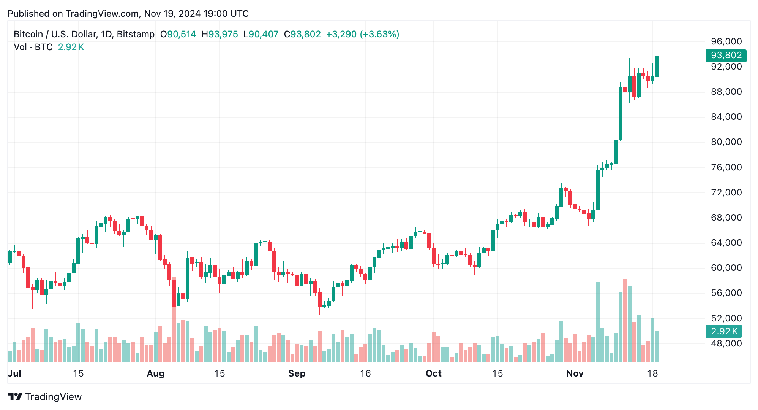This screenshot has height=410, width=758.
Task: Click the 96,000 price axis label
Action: click(726, 41)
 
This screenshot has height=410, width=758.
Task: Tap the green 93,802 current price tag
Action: click(726, 56)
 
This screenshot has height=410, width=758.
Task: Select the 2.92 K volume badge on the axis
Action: click(724, 331)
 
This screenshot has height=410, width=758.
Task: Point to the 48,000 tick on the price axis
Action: click(726, 343)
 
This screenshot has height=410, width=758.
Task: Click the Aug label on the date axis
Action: click(155, 373)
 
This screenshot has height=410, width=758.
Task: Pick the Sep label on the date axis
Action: click(297, 373)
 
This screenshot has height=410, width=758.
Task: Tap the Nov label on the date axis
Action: click(575, 373)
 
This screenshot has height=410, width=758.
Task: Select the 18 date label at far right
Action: click(652, 373)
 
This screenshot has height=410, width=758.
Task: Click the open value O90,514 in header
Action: click(178, 34)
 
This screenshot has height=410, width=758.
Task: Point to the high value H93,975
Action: click(220, 34)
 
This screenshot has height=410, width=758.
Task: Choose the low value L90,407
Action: click(261, 34)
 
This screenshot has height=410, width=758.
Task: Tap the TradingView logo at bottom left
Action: click(45, 397)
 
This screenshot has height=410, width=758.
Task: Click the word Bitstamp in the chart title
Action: click(136, 34)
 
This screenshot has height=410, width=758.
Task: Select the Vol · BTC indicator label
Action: click(33, 47)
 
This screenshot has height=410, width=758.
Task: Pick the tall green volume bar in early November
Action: click(598, 321)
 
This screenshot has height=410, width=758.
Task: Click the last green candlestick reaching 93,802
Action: click(657, 67)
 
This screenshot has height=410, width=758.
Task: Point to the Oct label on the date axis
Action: click(433, 373)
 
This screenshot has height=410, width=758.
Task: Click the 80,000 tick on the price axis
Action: click(726, 142)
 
